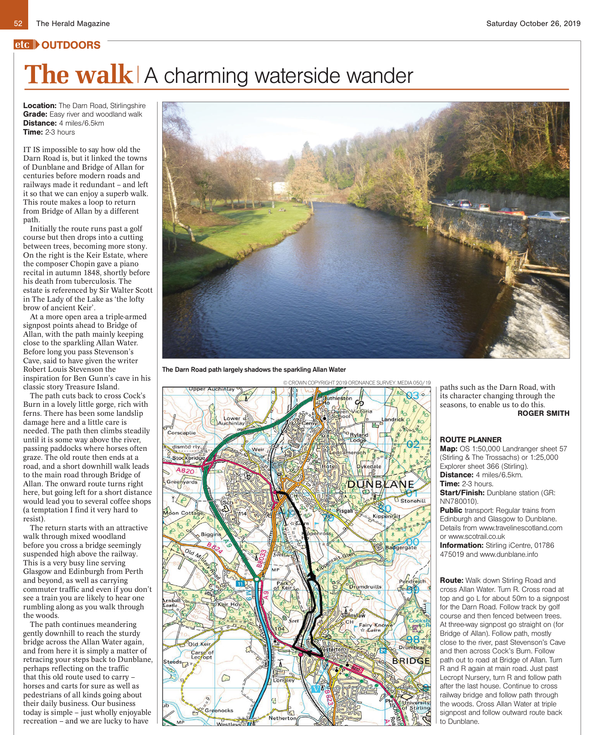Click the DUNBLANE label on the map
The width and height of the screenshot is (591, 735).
pos(380,484)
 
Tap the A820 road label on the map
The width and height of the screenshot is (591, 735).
pos(185,470)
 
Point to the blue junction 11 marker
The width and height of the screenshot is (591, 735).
pos(240,583)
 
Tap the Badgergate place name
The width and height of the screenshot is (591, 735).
pos(401,547)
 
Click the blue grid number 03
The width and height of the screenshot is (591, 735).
pos(413,396)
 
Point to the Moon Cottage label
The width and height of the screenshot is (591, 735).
pos(183,513)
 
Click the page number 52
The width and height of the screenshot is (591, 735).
pos(18,24)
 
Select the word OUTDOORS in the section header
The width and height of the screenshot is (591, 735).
pos(71,45)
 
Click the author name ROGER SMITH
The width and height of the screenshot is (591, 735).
pos(543,413)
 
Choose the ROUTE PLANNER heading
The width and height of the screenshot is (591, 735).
pos(471,440)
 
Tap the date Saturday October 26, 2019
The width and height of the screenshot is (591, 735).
pos(533,24)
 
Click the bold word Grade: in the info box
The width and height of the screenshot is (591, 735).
pos(35,114)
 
